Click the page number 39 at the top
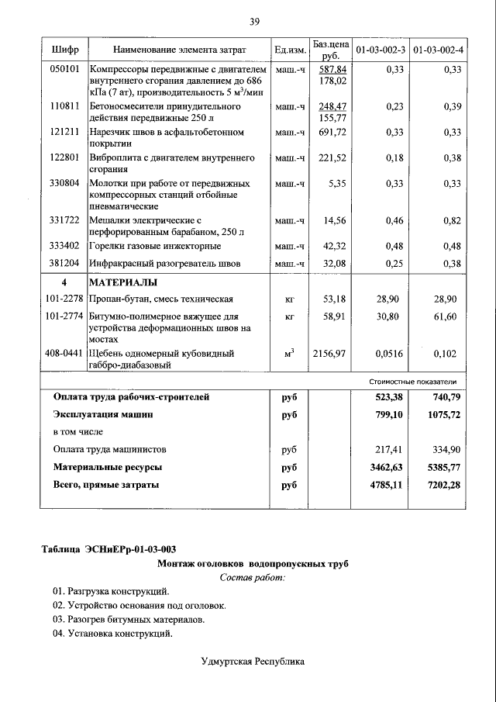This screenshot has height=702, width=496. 253,21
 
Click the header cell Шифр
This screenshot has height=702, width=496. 64,50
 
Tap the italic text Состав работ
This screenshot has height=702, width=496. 253,578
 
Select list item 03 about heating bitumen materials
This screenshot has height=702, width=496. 129,620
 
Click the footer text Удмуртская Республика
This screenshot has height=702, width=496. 253,662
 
